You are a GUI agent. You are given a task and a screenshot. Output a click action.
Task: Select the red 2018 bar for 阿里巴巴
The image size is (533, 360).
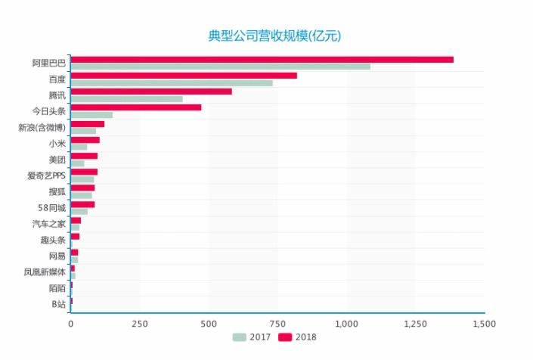[262, 59]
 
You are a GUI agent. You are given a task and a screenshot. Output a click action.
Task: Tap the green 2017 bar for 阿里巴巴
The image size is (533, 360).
[220, 67]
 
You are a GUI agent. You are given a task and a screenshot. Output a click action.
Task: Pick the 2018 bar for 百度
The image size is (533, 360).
[184, 76]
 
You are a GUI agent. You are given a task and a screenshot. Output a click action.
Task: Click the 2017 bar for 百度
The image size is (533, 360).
[172, 83]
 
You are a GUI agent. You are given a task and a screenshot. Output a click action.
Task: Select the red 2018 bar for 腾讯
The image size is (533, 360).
[151, 92]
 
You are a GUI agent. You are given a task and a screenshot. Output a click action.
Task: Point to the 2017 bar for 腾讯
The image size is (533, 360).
[126, 99]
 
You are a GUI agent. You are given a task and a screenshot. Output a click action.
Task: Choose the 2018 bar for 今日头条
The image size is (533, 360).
[136, 107]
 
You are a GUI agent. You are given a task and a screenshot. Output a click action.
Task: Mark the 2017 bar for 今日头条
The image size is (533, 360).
[91, 115]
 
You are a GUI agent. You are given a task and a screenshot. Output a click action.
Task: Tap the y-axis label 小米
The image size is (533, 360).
[57, 143]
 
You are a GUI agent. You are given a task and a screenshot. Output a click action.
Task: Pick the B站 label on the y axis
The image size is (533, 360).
[58, 304]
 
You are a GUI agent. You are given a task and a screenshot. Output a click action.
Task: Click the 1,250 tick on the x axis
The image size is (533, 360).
[415, 324]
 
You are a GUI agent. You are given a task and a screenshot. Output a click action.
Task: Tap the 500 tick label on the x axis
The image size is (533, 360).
[209, 324]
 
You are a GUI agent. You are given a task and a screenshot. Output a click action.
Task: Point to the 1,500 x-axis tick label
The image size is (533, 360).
[484, 324]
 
